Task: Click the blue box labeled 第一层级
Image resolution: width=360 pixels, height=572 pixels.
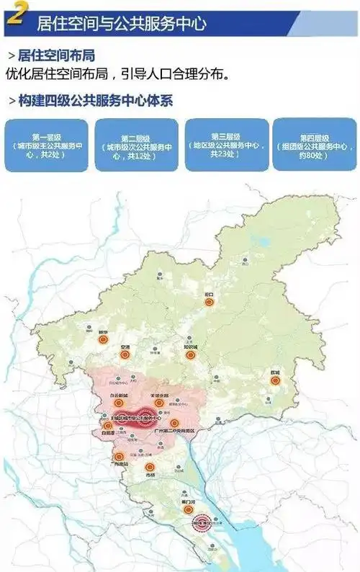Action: pyautogui.click(x=46, y=145)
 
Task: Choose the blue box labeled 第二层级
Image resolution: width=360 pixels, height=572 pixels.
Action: pyautogui.click(x=137, y=146)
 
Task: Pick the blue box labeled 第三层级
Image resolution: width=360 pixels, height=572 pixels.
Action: pyautogui.click(x=227, y=144)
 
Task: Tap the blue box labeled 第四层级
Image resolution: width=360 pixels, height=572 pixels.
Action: pyautogui.click(x=315, y=145)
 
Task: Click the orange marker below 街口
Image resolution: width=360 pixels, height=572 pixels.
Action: pyautogui.click(x=210, y=303)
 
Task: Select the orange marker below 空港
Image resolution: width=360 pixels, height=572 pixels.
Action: pyautogui.click(x=125, y=354)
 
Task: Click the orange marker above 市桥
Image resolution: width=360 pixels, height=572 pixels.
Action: pyautogui.click(x=150, y=467)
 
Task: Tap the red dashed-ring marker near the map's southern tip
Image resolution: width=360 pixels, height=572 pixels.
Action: pyautogui.click(x=201, y=526)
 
